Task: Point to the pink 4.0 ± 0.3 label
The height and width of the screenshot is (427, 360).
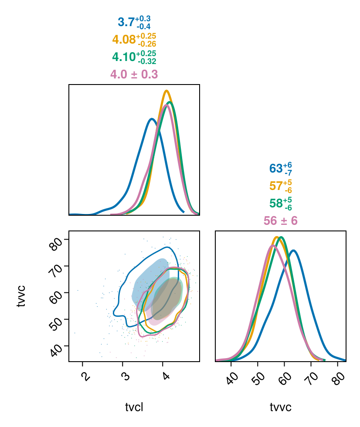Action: coord(134,75)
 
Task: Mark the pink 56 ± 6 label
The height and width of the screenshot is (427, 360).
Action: coord(280,221)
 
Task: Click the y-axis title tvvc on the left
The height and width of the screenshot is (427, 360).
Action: coord(20,296)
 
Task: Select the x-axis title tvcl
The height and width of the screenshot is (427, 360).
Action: coord(134,407)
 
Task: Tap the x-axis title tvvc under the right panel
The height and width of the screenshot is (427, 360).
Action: coord(280,407)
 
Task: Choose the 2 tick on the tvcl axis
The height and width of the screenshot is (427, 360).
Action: coord(85,375)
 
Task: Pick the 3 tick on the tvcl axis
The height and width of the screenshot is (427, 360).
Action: coord(125,375)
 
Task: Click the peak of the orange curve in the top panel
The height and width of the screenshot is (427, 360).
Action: coord(166,91)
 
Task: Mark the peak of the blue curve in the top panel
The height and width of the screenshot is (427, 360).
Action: coord(151,119)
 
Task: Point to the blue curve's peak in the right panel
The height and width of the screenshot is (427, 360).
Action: coord(293,250)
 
